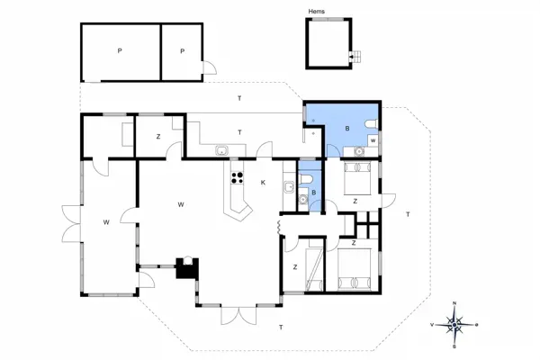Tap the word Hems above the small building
coord(316,12)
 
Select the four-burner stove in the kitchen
coord(238,177)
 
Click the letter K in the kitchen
coord(263,183)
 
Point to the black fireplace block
coord(186,268)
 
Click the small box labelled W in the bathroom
coord(373,140)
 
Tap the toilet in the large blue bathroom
coord(369,124)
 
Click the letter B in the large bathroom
coord(346,129)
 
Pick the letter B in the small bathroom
coord(313,192)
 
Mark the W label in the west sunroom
coord(105,220)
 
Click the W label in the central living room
coord(181,204)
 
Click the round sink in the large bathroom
coord(359,152)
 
